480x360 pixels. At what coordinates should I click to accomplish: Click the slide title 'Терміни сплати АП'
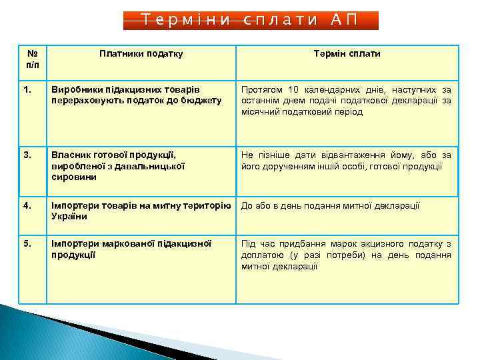pyautogui.click(x=251, y=20)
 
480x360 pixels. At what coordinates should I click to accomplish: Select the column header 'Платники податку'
pyautogui.click(x=141, y=54)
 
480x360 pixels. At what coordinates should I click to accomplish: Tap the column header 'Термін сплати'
pyautogui.click(x=347, y=54)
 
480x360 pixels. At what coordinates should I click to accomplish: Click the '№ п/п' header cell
pyautogui.click(x=31, y=59)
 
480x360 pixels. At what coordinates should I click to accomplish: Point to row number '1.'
pyautogui.click(x=27, y=89)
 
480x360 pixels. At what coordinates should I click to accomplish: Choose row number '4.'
pyautogui.click(x=27, y=206)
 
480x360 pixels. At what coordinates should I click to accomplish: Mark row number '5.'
pyautogui.click(x=27, y=244)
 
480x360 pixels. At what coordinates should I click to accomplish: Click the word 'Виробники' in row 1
pyautogui.click(x=74, y=89)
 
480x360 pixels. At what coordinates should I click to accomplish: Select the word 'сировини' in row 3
pyautogui.click(x=73, y=177)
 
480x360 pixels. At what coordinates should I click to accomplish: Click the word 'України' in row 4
pyautogui.click(x=69, y=217)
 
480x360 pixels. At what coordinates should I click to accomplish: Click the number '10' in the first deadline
pyautogui.click(x=294, y=89)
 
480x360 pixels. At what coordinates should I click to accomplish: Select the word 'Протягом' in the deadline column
pyautogui.click(x=262, y=89)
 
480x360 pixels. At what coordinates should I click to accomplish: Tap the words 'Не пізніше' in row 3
pyautogui.click(x=263, y=155)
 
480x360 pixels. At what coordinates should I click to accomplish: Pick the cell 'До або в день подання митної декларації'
pyautogui.click(x=331, y=206)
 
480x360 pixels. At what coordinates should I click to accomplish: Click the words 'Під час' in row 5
pyautogui.click(x=256, y=244)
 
